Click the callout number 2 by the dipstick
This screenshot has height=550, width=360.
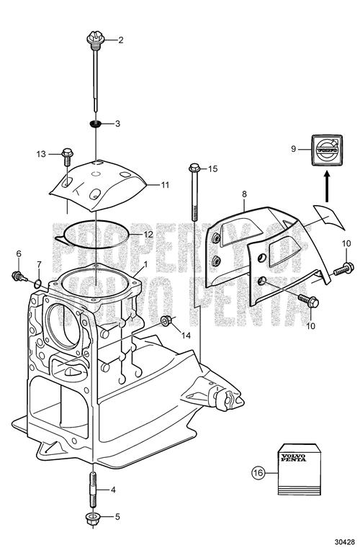point(121,40)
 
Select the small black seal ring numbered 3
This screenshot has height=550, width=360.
point(95,124)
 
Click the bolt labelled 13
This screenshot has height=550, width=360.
point(67,158)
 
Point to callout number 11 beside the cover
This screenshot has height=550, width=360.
point(165,184)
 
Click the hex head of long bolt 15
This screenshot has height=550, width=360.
point(194,168)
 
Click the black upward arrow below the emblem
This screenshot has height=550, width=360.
point(327,186)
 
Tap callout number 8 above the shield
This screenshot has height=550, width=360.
point(244,194)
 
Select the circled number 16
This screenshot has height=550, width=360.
point(258,473)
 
